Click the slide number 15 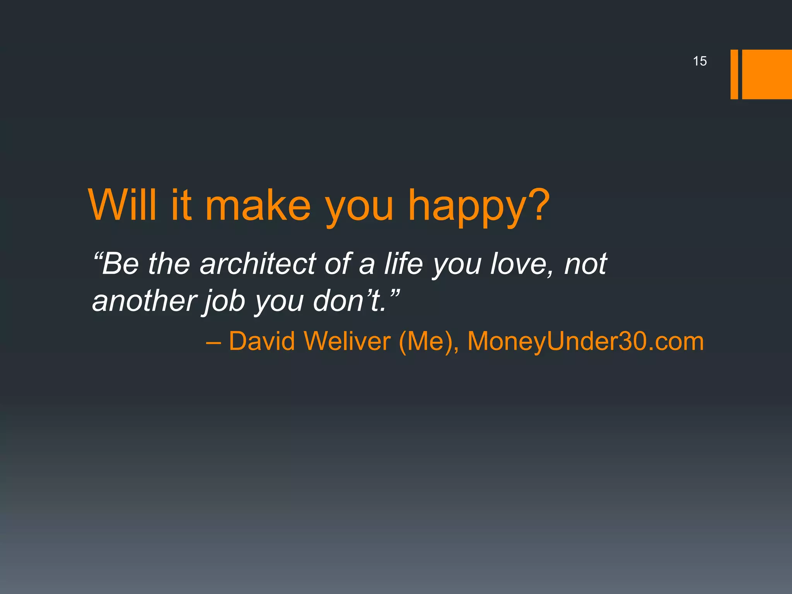pos(700,61)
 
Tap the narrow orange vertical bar pos(734,74)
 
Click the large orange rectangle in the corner pos(767,74)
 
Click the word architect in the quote pos(258,264)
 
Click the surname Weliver pos(347,341)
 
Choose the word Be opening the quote pos(120,264)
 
